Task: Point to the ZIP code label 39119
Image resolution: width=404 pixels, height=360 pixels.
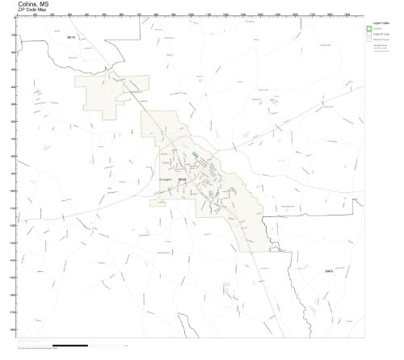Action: pos(70,37)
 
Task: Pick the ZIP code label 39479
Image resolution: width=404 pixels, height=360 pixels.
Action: pos(329,271)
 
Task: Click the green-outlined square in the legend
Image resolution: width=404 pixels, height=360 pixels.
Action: pos(368,29)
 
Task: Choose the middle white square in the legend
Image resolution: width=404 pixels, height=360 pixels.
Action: pos(368,36)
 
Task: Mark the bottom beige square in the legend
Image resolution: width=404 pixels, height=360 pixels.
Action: pos(368,42)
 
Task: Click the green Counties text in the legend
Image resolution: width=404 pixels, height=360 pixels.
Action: pos(378,29)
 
